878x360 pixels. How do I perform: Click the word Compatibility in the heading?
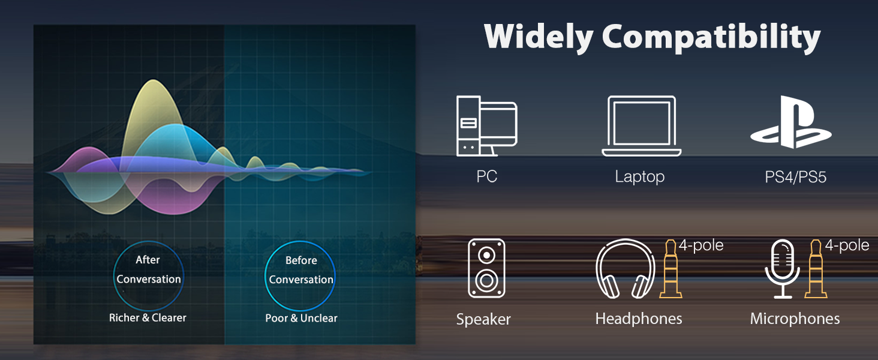coord(711,38)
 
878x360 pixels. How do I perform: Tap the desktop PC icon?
coord(486,126)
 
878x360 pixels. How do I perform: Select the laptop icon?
coord(641,126)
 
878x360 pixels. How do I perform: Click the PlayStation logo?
coord(790,122)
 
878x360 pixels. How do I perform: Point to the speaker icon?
coord(486,268)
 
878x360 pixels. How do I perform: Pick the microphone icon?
coord(782,268)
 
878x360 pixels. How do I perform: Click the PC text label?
coord(486,177)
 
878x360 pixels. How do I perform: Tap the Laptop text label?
coord(640,177)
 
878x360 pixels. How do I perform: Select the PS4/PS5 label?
coord(795,177)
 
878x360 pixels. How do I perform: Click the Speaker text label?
coord(483,319)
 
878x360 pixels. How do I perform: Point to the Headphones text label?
coord(639,319)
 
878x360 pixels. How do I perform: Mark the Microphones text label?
coord(795,319)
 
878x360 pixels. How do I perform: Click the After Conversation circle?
coord(148,269)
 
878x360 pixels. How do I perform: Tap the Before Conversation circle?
coord(301,270)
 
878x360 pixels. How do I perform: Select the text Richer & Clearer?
coord(148,317)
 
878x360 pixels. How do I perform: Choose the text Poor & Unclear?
coord(301,318)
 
